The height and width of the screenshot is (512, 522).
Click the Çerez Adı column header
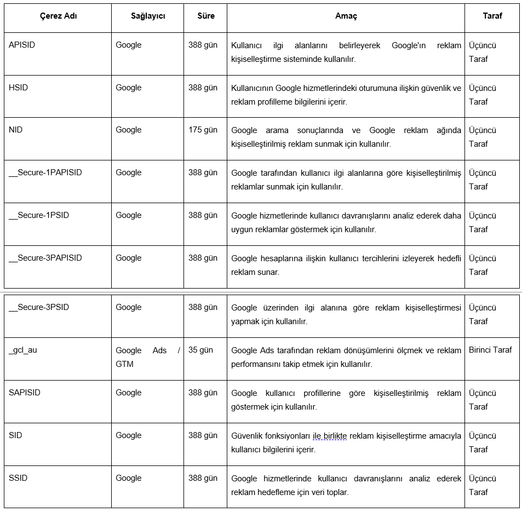(x=59, y=16)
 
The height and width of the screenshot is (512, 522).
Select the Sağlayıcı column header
(x=148, y=16)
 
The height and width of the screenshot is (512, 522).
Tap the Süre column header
(x=206, y=16)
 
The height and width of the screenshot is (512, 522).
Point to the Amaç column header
(x=346, y=16)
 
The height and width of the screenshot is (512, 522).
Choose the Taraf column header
(x=492, y=16)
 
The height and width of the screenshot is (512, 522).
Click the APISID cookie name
(x=22, y=45)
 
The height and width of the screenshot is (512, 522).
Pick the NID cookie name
(x=16, y=130)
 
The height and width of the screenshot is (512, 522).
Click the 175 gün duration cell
(x=203, y=130)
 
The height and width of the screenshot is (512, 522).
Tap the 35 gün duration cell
(x=200, y=350)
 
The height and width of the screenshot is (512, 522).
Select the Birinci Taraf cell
(x=490, y=350)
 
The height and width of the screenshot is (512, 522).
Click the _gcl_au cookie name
(x=23, y=350)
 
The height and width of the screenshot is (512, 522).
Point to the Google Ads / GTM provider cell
(x=147, y=357)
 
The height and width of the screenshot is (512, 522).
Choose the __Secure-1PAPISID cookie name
(x=45, y=172)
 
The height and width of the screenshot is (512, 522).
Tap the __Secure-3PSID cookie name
(x=39, y=307)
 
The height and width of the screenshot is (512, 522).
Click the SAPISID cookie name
(x=25, y=393)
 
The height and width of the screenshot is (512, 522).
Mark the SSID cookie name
(x=18, y=478)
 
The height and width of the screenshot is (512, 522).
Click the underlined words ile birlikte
(x=330, y=436)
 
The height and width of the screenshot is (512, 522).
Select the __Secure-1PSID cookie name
(x=39, y=215)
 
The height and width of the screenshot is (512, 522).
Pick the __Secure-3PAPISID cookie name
(x=45, y=258)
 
